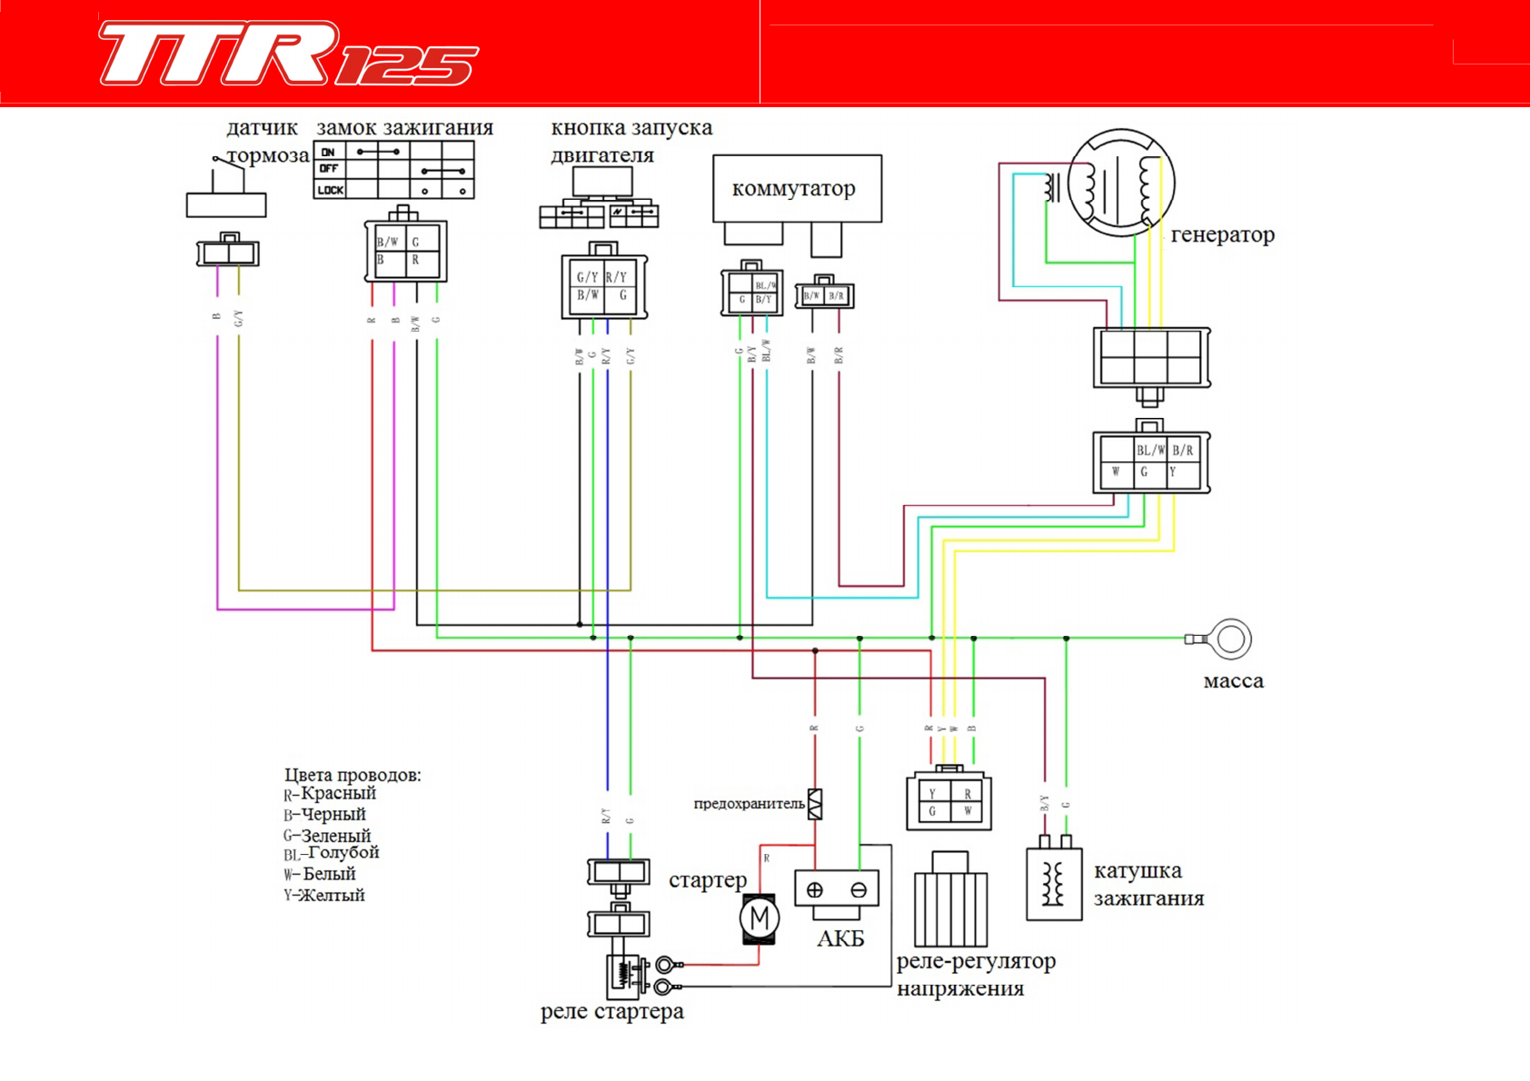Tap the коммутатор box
[x=796, y=188]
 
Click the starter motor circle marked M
[x=760, y=918]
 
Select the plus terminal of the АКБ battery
[x=815, y=890]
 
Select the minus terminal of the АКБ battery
[x=859, y=890]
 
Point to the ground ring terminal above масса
[x=1230, y=639]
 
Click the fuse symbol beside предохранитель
[x=815, y=804]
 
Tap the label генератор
[x=1222, y=234]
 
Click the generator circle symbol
[x=1121, y=183]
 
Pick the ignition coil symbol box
[x=1054, y=884]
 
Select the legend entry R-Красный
[x=330, y=794]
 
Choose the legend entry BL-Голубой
[x=332, y=853]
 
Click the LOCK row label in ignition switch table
[x=331, y=190]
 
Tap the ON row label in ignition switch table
[x=329, y=152]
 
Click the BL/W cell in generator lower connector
[x=1150, y=451]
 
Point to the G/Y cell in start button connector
[x=587, y=277]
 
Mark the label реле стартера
[x=611, y=1012]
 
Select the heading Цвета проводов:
[x=353, y=775]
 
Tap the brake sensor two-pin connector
[x=228, y=253]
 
